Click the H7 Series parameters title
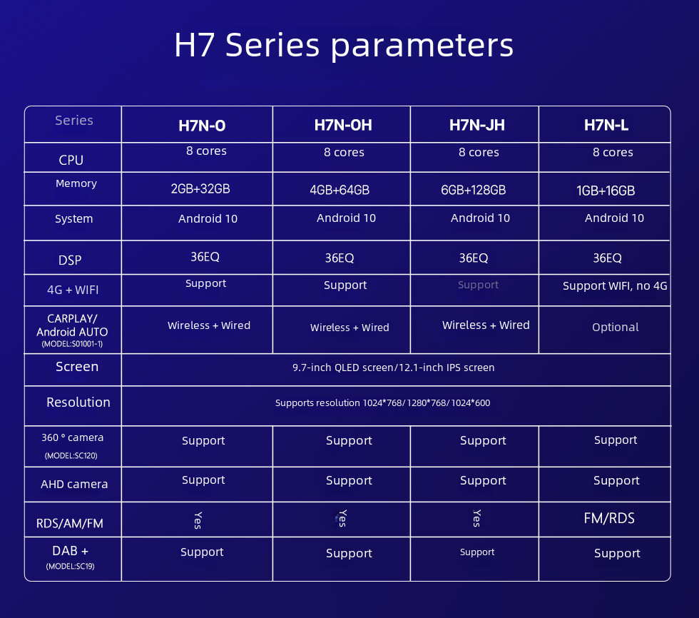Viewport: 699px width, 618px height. coord(344,45)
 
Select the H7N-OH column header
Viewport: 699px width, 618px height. coord(343,126)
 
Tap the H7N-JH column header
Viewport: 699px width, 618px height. coord(477,126)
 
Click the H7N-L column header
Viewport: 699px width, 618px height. coord(606,126)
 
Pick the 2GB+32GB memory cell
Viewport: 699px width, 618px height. coord(200,188)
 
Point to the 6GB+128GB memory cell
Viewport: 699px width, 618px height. coord(474,190)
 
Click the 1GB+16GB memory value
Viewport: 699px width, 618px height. coord(606,191)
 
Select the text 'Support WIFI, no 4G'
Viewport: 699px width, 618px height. coord(615,286)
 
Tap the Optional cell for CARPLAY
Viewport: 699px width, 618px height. coord(615,328)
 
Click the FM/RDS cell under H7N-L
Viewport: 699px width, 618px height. coord(609,518)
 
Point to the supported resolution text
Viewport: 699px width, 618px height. coord(382,402)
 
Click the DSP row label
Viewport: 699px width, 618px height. coord(70,260)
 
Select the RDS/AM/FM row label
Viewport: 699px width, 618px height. coord(70,523)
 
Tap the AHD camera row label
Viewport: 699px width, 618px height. coord(74,485)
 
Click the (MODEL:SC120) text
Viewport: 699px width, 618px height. coord(71,456)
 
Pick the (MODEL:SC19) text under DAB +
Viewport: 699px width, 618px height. coord(70,567)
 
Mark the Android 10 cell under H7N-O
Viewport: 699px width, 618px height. coord(208,218)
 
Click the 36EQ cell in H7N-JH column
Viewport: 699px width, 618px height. coord(474,258)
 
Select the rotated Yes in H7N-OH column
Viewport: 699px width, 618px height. coord(342,518)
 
